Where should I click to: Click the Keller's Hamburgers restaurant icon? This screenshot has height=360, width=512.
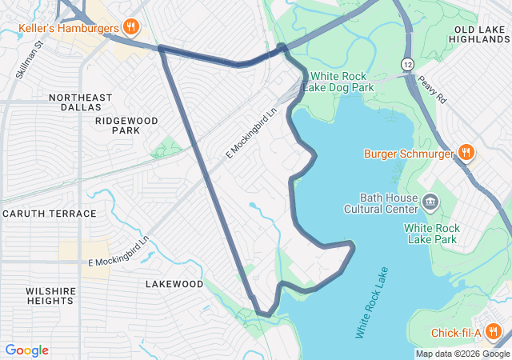(x=132, y=28)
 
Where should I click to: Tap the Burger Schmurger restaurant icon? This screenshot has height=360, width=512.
(x=466, y=153)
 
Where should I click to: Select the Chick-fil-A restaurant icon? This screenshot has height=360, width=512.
(x=493, y=332)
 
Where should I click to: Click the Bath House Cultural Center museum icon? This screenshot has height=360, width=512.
(x=431, y=200)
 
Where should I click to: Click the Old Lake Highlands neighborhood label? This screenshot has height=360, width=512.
(x=481, y=35)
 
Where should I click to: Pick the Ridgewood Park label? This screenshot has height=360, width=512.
(x=126, y=125)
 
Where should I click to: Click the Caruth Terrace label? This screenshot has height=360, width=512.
(x=49, y=214)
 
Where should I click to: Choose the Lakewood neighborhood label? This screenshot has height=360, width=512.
(x=174, y=284)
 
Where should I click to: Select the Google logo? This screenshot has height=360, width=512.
(x=26, y=350)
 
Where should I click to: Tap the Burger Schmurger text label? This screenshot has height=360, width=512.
(x=409, y=153)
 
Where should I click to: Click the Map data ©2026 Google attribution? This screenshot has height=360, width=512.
(x=462, y=354)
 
